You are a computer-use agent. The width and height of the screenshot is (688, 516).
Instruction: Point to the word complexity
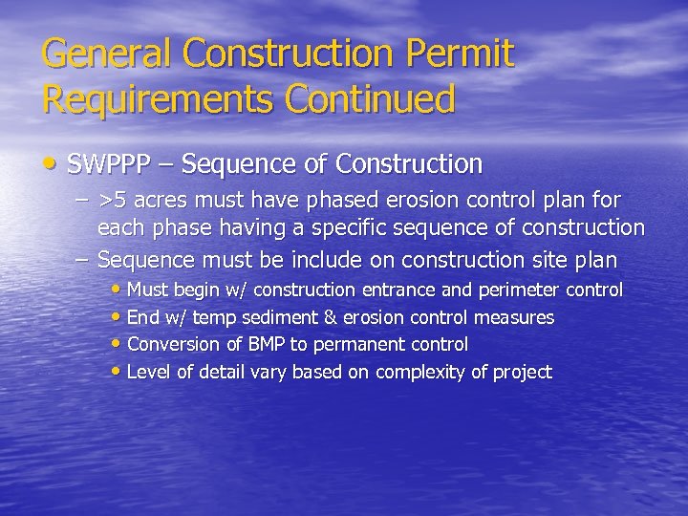(421, 373)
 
